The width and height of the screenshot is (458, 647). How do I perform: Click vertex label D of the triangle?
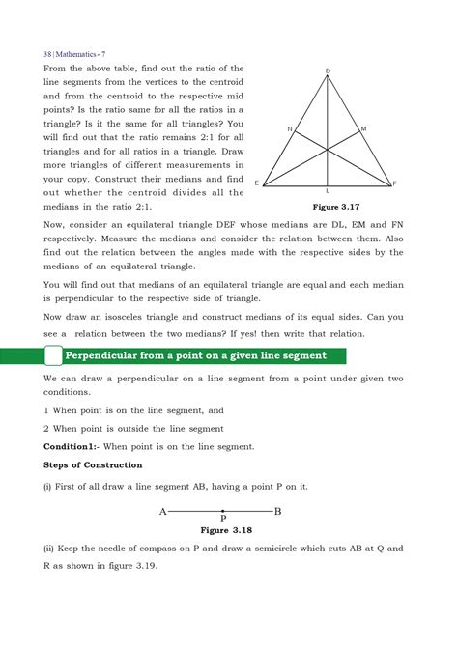[328, 72]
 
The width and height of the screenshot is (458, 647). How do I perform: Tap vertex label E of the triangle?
[257, 183]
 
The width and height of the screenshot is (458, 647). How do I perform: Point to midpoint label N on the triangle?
[289, 128]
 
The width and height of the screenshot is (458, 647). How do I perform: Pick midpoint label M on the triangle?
[363, 128]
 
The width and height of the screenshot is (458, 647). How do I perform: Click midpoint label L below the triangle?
[328, 192]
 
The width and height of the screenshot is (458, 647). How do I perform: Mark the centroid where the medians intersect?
[328, 149]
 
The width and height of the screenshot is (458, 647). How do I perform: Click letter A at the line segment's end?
[162, 511]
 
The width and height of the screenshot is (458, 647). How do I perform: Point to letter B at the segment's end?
[278, 511]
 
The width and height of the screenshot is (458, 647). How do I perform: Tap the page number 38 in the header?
[48, 51]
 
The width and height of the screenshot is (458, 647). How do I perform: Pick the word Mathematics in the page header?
[84, 51]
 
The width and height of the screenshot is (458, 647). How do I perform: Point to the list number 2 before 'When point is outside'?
[46, 428]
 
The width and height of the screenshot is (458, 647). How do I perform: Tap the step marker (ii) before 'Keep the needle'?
[51, 549]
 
